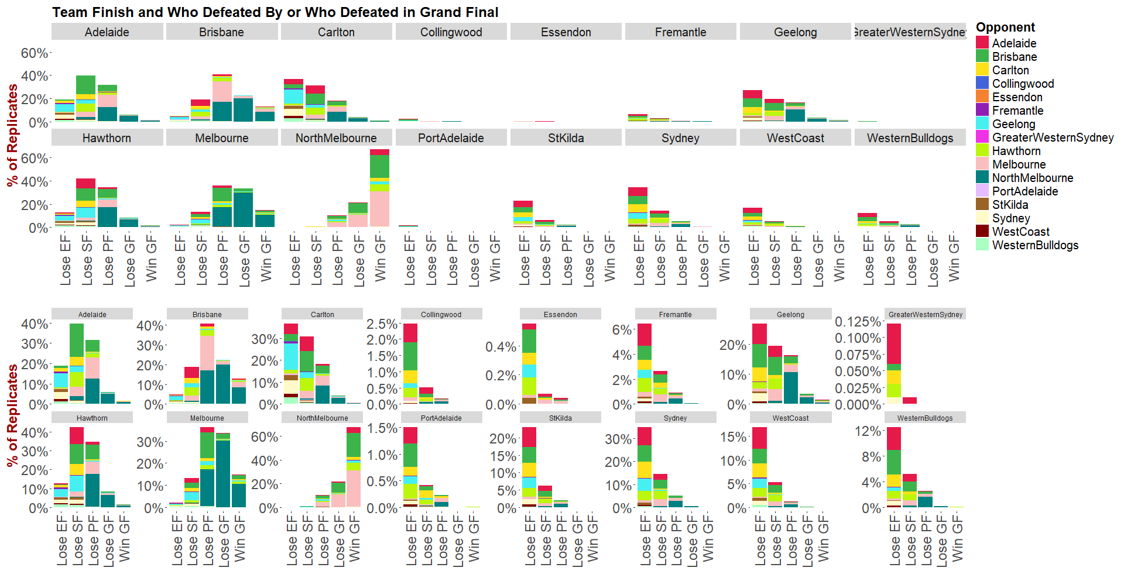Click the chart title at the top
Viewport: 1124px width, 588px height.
point(275,12)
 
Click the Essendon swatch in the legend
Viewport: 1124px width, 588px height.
point(982,97)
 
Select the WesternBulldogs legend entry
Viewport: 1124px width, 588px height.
point(1035,245)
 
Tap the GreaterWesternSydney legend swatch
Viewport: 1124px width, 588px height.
point(982,137)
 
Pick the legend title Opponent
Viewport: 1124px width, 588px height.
point(1005,27)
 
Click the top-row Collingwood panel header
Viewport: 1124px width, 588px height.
point(451,32)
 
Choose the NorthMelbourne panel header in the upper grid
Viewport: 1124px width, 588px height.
point(336,138)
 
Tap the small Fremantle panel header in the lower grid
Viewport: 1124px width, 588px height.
point(675,314)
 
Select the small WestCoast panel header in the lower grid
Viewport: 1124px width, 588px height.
point(790,418)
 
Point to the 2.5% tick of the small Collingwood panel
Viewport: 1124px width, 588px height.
point(382,324)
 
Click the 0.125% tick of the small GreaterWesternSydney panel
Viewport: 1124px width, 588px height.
point(858,322)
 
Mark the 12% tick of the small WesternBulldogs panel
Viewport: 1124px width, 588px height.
point(868,431)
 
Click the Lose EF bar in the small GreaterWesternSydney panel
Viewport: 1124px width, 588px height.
point(894,363)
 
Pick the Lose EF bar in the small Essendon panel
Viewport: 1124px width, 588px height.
point(529,363)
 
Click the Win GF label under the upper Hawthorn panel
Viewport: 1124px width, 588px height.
point(151,258)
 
